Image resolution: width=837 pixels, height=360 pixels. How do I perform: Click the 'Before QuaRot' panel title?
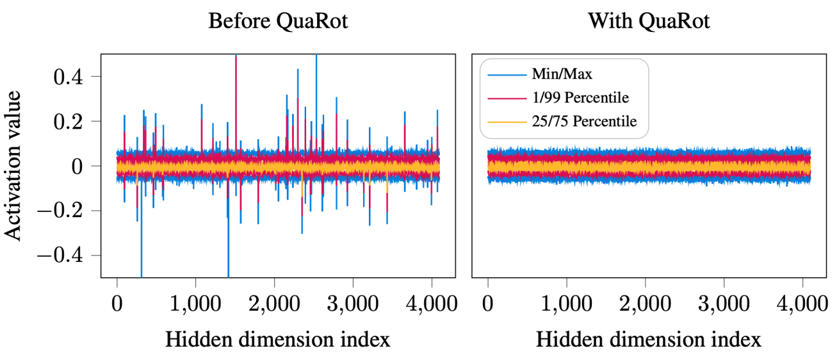point(278,20)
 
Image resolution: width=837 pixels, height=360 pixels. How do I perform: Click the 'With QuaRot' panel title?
point(649,20)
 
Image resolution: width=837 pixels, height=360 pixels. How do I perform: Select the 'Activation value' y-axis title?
point(14,166)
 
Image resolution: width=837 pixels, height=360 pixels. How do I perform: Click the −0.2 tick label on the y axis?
point(70,211)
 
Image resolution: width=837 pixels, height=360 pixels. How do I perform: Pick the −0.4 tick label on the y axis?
point(70,256)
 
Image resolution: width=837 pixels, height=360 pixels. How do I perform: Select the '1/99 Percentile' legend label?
point(580,98)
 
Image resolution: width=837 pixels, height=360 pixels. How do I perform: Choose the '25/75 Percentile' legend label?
point(584,120)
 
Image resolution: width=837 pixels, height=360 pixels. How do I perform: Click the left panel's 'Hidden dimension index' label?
point(278,339)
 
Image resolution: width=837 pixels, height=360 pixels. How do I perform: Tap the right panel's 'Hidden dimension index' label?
point(649,339)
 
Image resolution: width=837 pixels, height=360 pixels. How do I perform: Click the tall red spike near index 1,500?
point(236,96)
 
